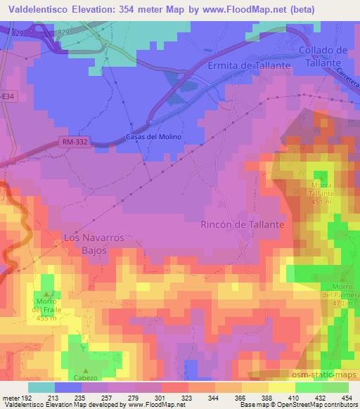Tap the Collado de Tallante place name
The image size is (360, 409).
323,56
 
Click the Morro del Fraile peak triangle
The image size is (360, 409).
47,294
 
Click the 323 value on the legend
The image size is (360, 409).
186,399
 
